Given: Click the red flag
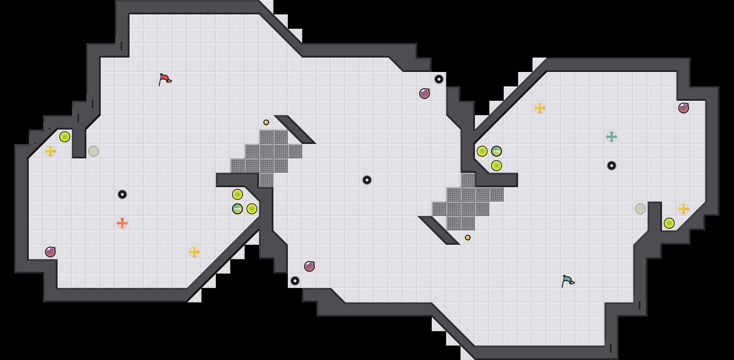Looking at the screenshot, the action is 165,79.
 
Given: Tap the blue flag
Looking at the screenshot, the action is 568,281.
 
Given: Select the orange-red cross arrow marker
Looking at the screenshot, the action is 122,223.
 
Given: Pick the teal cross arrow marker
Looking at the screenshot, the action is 612,137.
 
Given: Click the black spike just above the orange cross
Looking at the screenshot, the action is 122,194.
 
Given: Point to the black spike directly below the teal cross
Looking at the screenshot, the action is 612,166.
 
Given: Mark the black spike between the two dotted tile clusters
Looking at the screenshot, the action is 367,180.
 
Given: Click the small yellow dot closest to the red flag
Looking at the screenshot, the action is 266,122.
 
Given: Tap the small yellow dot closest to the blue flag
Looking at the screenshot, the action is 468,238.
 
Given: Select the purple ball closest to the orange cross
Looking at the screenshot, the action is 50,252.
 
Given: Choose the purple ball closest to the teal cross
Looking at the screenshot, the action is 684,108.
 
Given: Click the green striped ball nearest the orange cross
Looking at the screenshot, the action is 237,209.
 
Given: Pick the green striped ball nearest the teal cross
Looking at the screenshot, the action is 497,151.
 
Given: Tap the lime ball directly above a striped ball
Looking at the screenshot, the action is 237,194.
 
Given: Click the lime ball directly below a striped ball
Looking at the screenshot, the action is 497,166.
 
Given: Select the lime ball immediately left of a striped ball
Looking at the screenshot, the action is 482,151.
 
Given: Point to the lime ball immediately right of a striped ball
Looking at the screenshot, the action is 252,209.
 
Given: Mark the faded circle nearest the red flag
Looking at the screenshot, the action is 94,151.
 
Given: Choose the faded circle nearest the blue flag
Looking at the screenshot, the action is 640,209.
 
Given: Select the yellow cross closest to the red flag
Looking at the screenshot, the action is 50,151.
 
